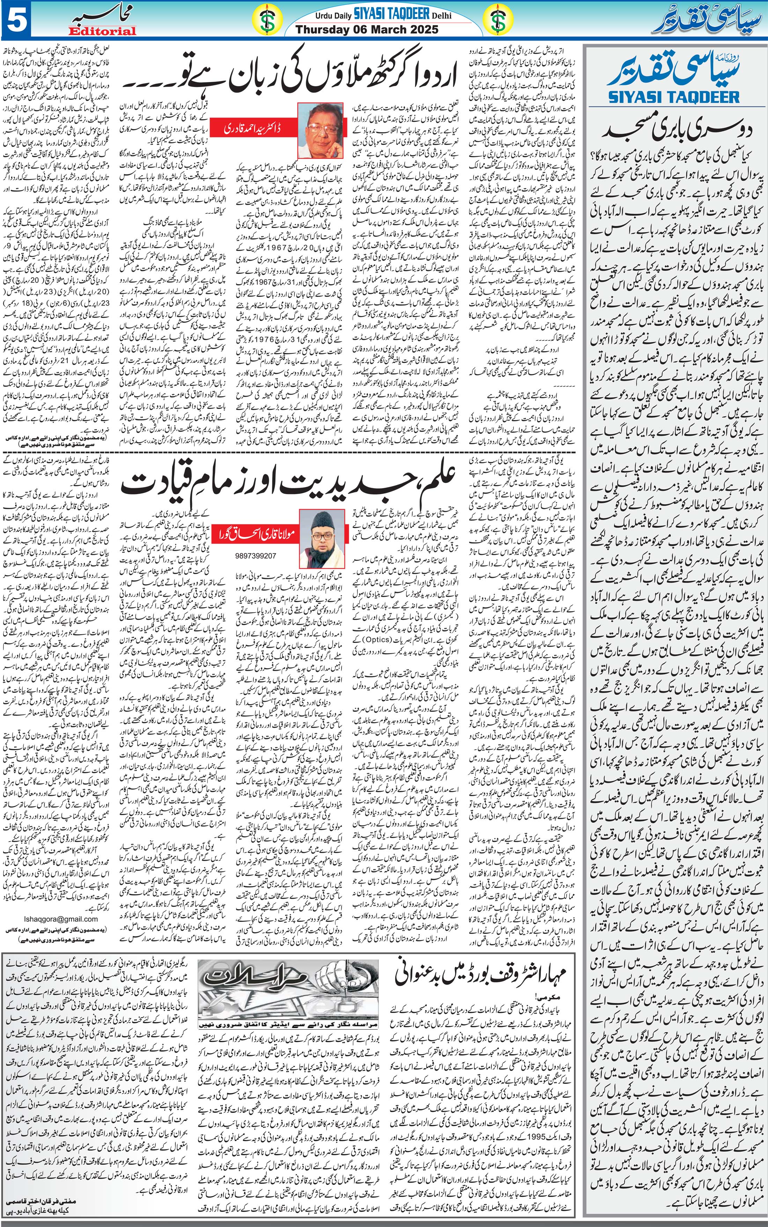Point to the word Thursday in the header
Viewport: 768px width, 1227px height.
pyautogui.click(x=320, y=29)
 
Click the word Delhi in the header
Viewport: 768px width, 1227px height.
pyautogui.click(x=441, y=16)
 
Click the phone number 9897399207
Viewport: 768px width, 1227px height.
pyautogui.click(x=257, y=556)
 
